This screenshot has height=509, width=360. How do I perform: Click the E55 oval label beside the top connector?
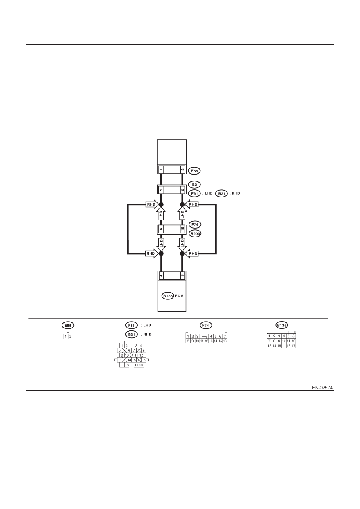[x=194, y=171]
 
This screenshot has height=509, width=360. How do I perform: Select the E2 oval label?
[x=195, y=185]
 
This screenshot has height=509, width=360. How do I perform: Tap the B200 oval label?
[x=195, y=234]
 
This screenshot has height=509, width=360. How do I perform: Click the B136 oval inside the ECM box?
[x=168, y=296]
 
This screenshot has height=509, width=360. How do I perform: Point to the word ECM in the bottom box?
[x=179, y=296]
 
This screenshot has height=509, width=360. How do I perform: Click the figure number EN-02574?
[x=322, y=388]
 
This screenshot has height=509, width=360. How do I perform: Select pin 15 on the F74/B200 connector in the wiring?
[x=183, y=229]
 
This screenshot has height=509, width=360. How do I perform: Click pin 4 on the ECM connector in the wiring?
[x=161, y=276]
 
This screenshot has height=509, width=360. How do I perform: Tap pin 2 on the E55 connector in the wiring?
[x=183, y=170]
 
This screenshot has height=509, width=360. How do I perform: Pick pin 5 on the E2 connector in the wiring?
[x=161, y=190]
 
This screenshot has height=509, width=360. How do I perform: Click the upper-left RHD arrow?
[x=152, y=204]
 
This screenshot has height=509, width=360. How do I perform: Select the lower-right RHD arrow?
[x=191, y=253]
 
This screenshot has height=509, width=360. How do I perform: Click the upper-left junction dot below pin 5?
[x=161, y=204]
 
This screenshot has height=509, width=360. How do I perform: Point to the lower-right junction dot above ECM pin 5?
[x=182, y=253]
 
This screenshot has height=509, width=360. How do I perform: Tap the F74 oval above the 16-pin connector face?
[x=206, y=325]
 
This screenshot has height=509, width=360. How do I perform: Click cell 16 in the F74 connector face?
[x=225, y=341]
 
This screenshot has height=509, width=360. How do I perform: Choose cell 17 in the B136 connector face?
[x=293, y=346]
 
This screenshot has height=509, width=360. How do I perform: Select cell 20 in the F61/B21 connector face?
[x=141, y=365]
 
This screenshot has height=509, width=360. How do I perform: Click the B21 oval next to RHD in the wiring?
[x=221, y=193]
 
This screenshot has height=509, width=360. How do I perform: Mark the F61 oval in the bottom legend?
[x=131, y=325]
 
